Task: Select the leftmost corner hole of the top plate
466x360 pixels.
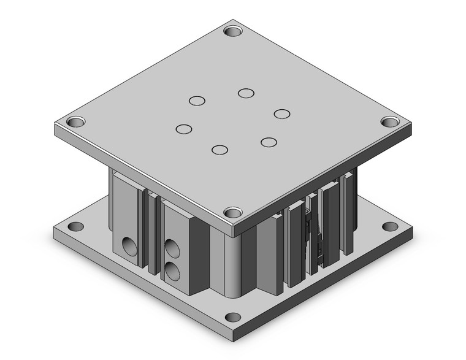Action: [75, 122]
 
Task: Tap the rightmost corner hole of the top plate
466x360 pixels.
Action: [390, 121]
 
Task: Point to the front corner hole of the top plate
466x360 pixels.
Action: [233, 212]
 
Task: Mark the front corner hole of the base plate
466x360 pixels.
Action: [232, 318]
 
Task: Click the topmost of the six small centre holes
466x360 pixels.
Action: [246, 93]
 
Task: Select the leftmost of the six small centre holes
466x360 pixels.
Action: [183, 129]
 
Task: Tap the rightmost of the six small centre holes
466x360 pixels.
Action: [282, 113]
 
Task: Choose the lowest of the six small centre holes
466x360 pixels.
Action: [220, 149]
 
